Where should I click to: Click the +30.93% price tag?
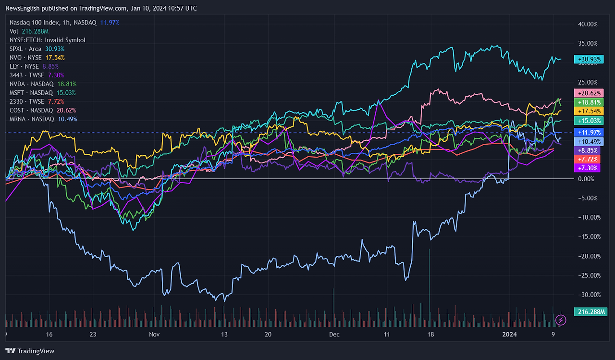[x=588, y=60]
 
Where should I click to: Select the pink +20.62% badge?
[x=588, y=93]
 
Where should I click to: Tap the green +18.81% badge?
[x=588, y=102]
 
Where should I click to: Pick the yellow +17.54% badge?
[x=588, y=112]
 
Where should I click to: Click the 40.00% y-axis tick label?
[x=588, y=24]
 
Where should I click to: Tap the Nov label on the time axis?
[x=154, y=334]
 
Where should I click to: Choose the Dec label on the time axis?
[x=334, y=334]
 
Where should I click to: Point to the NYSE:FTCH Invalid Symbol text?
[x=48, y=40]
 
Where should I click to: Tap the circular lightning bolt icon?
[x=560, y=320]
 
